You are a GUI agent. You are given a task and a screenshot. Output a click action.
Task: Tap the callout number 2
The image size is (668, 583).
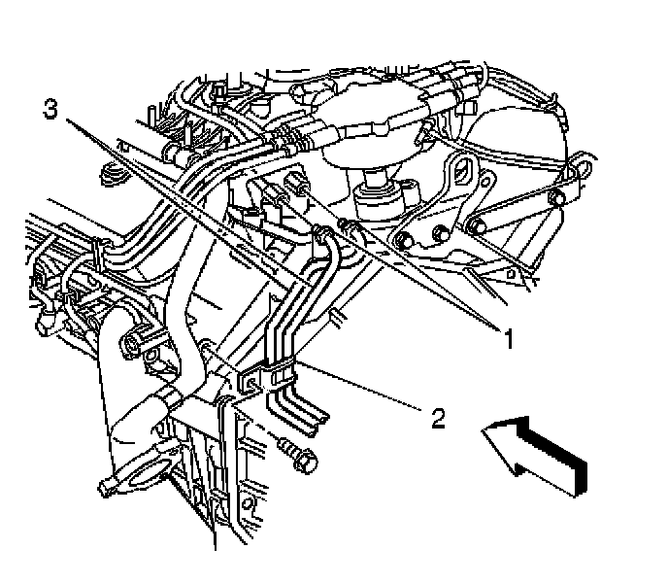[x=438, y=419]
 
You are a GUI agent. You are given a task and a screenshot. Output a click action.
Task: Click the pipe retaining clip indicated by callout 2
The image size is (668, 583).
[x=281, y=373]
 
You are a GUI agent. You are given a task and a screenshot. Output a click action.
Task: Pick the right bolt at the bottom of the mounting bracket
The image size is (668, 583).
[x=439, y=233]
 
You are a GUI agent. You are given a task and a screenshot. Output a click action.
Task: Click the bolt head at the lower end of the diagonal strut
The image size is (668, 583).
[x=478, y=227]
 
